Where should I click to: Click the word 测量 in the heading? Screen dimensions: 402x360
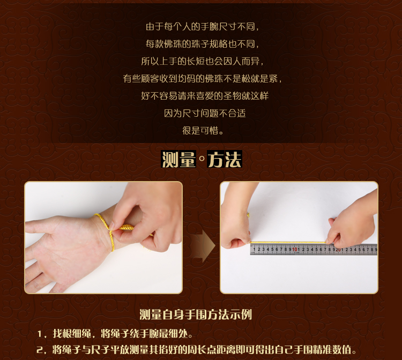click(x=178, y=159)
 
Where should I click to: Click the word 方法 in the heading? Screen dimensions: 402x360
click(x=225, y=159)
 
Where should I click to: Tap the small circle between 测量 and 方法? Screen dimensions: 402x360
click(x=202, y=159)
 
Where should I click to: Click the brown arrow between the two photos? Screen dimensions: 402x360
click(x=204, y=246)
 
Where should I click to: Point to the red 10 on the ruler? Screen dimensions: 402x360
click(x=295, y=249)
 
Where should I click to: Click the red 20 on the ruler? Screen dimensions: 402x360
click(x=338, y=249)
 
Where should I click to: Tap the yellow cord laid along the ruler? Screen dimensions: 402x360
click(x=288, y=242)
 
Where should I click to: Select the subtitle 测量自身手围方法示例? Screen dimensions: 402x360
click(x=196, y=314)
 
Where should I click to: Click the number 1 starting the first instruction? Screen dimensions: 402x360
click(x=40, y=334)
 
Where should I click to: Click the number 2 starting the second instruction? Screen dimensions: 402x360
click(x=40, y=350)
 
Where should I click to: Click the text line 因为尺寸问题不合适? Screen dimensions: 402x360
click(x=205, y=113)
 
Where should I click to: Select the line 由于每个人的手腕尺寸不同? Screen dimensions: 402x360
click(x=203, y=27)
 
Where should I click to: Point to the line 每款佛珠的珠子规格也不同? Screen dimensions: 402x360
click(x=203, y=44)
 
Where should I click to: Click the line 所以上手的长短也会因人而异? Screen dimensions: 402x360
click(x=203, y=61)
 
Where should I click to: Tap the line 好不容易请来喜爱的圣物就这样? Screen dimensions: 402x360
click(x=205, y=96)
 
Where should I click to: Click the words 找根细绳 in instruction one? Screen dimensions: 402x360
click(x=72, y=334)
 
